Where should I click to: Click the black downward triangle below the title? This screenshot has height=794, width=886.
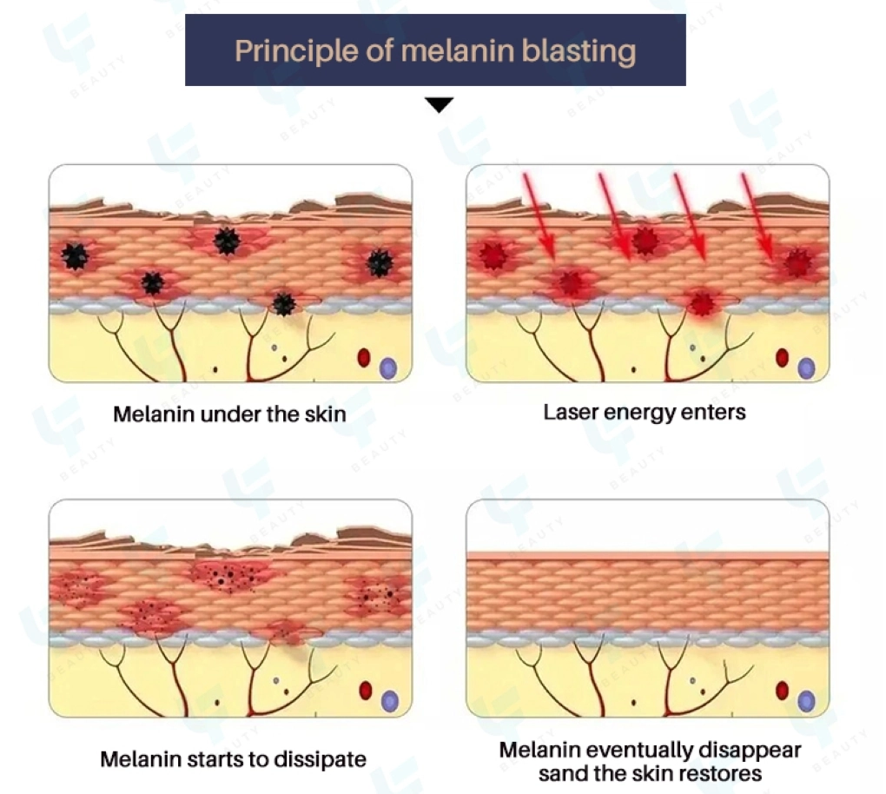coord(440,105)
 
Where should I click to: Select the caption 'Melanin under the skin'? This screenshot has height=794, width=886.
coord(229,414)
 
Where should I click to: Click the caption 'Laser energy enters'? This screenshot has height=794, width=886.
coord(645,411)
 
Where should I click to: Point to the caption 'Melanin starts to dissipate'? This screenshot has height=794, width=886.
coord(233,758)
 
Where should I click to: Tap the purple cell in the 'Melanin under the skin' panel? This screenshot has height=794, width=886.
coord(388,367)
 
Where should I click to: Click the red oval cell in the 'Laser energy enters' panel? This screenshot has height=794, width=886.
coord(782,357)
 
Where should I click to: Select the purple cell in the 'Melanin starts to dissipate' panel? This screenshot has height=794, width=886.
coord(389,699)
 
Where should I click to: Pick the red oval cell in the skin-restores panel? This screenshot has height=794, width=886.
coord(782,691)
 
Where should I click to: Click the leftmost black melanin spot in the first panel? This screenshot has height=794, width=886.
coord(76,255)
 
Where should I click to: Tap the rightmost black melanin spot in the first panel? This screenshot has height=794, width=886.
coord(379,262)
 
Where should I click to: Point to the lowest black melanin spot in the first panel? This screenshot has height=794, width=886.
coord(283,303)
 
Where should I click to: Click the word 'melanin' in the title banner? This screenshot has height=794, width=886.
coord(458,50)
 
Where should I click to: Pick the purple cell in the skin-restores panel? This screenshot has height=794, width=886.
coord(807,700)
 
